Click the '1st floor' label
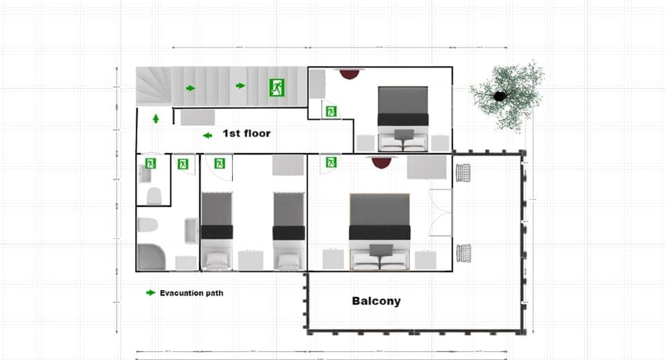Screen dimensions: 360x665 (x=246, y=132)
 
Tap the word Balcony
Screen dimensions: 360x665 (x=376, y=301)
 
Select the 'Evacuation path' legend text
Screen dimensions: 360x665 (x=191, y=293)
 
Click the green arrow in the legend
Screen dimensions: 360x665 (x=150, y=293)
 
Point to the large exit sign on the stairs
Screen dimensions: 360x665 (x=277, y=87)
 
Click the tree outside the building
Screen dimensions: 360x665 (x=504, y=95)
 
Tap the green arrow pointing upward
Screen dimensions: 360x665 (x=156, y=118)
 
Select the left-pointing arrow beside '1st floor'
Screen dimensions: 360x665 (x=207, y=135)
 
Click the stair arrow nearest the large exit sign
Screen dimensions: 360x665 (x=240, y=86)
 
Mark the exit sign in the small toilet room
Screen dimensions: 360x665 (x=150, y=163)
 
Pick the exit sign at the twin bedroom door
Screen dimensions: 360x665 (x=220, y=163)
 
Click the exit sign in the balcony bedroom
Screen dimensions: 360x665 (x=331, y=163)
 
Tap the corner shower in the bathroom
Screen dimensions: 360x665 (x=152, y=258)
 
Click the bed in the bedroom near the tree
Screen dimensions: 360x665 (x=402, y=118)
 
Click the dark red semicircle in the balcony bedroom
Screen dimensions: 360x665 (x=382, y=162)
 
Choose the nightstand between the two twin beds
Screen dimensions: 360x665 (x=250, y=260)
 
